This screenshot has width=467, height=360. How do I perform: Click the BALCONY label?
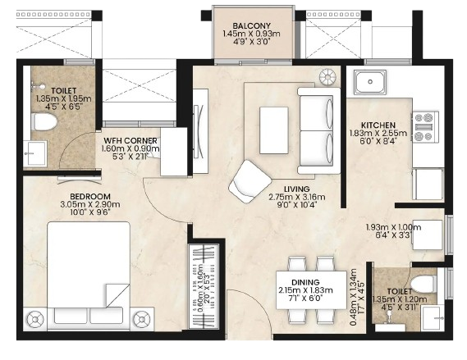252,25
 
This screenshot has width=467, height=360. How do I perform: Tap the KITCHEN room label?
378,125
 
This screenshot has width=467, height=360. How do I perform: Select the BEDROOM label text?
90,196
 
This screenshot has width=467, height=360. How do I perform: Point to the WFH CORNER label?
130,140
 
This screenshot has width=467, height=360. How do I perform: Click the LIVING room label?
297,189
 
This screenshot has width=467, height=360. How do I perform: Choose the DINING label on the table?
305,282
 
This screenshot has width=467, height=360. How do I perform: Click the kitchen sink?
370,82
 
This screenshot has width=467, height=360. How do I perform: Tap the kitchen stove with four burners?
425,127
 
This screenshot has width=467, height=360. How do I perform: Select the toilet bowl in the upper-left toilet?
44,121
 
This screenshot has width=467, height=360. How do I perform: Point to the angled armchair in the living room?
250,182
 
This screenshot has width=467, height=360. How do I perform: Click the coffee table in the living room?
273,130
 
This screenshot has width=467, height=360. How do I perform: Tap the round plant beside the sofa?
327,77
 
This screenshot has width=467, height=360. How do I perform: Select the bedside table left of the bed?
35,319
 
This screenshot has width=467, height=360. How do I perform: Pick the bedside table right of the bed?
142,319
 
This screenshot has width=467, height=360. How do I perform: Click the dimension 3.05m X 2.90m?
90,204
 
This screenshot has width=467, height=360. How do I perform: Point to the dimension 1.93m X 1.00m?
393,227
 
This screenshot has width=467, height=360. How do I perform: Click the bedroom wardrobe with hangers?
204,286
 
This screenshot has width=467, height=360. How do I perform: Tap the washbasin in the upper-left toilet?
34,153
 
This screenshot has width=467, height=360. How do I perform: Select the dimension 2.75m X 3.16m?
297,197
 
